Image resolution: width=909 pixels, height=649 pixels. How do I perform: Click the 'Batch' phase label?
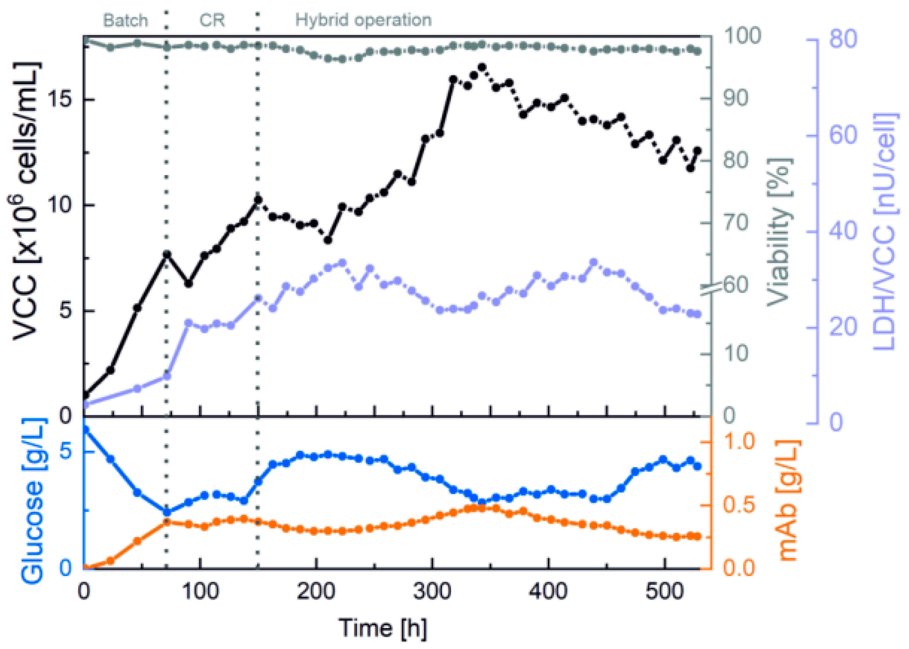pos(125,20)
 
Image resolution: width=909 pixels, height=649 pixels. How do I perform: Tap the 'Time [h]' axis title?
pos(383,628)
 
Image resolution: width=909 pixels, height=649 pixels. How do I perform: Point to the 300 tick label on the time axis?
pos(432,591)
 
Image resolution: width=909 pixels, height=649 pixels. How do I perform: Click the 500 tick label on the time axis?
pos(664,591)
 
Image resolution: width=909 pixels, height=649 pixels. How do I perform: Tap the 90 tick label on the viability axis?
pos(735,98)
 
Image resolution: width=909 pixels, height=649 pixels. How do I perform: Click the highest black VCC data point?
pos(482,67)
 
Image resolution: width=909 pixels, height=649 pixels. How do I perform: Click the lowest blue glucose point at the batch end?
pos(167,512)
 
